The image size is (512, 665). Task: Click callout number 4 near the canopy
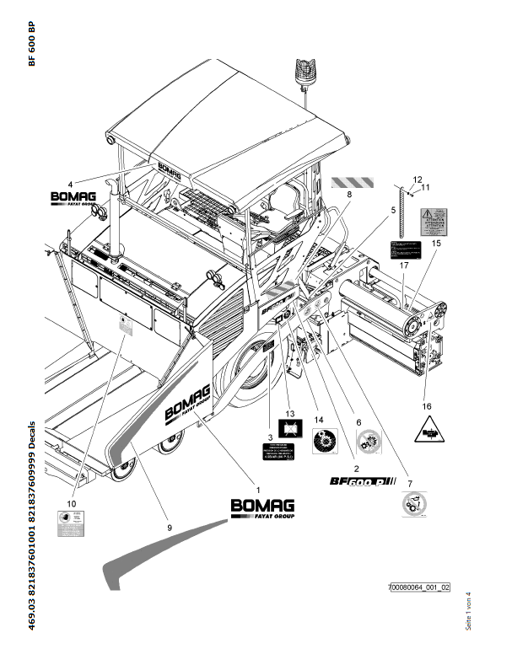point(72,182)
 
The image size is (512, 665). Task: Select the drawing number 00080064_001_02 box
point(419,587)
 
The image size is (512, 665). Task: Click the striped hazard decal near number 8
point(344,180)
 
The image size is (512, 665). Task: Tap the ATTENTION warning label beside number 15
point(438,222)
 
